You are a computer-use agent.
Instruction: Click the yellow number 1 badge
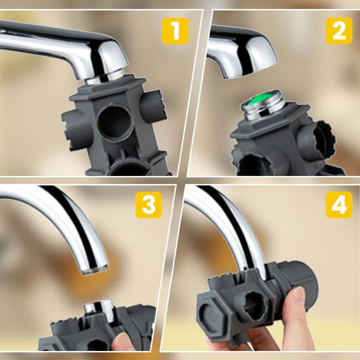point(175,31)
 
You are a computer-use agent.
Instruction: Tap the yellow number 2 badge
point(339,31)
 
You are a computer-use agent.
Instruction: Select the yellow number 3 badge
point(148,205)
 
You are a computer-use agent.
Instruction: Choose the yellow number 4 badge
point(339,205)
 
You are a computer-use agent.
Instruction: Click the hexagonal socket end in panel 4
point(212,312)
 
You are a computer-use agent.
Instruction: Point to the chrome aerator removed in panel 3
point(100,310)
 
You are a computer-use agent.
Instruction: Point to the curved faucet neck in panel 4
point(235,220)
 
